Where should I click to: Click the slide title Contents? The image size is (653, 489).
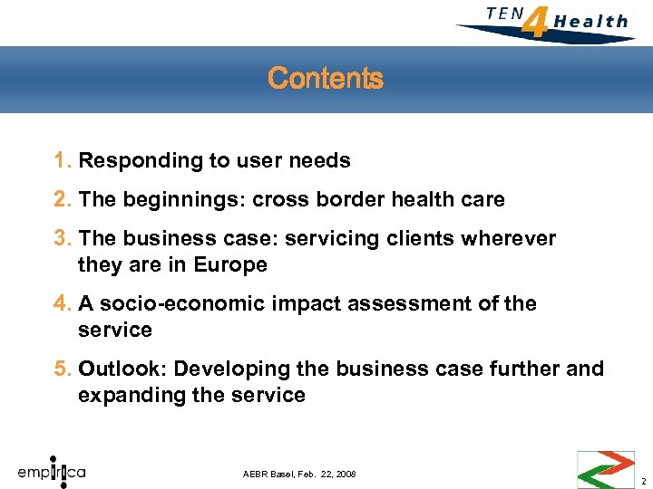[x=326, y=79]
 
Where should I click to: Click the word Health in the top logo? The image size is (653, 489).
[x=590, y=21]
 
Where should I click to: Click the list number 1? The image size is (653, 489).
[x=63, y=161]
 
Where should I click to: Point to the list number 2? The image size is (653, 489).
[x=63, y=199]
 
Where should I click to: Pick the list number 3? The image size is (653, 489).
[x=63, y=238]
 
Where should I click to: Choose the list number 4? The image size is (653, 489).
[x=63, y=303]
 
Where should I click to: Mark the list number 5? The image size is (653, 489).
[x=63, y=369]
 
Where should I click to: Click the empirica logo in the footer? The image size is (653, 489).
[x=52, y=471]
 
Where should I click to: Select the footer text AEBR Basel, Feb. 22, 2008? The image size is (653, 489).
[x=300, y=475]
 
